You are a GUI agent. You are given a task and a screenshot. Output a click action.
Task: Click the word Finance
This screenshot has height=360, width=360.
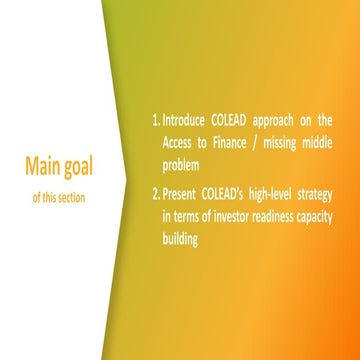pos(232,143)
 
